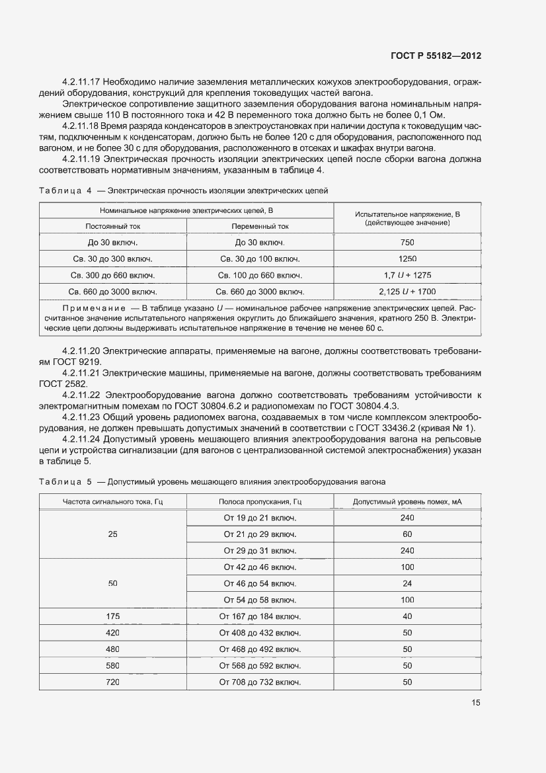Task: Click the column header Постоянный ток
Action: point(112,226)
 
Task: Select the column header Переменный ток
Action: point(260,226)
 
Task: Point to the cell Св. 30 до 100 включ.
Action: point(260,259)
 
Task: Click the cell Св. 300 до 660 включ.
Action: point(112,275)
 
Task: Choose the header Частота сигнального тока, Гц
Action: point(112,502)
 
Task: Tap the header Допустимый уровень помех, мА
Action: point(407,502)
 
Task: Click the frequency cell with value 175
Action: point(112,616)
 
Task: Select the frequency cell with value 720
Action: point(112,682)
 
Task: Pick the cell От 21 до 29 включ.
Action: point(260,534)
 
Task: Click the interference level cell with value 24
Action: point(407,583)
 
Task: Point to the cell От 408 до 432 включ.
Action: point(260,633)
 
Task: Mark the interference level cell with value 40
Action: point(407,616)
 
